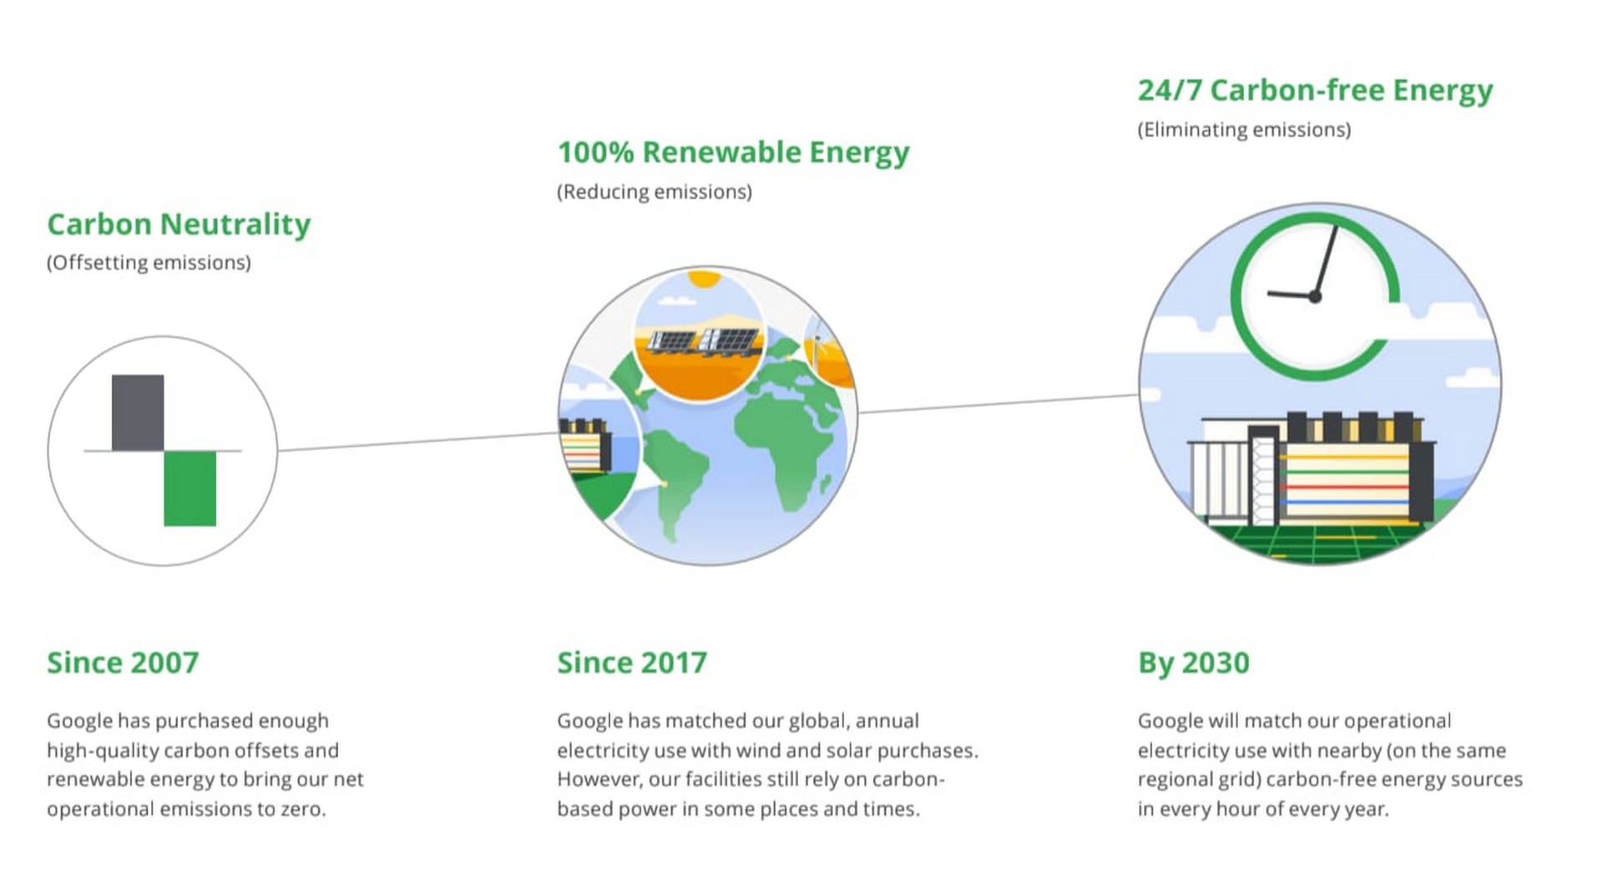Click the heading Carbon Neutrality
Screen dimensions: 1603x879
pos(179,225)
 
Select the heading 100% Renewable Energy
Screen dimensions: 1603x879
pos(733,153)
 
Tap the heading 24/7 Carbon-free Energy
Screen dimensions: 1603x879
pos(1315,90)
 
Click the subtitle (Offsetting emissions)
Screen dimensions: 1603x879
pos(149,263)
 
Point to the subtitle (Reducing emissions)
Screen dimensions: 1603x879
pos(655,192)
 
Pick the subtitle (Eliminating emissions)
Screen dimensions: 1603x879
pos(1244,130)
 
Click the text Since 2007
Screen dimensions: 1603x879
pos(123,663)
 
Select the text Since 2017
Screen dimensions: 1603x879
pos(632,663)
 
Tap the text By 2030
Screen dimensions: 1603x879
pos(1194,663)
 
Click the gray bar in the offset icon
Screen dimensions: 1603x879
pos(138,412)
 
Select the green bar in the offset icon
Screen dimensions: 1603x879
pos(190,488)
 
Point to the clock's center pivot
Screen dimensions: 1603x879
pos(1315,296)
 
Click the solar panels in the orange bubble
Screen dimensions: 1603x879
pos(705,341)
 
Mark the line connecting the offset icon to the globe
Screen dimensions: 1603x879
pos(417,442)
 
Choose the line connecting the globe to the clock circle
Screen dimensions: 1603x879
pos(999,403)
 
